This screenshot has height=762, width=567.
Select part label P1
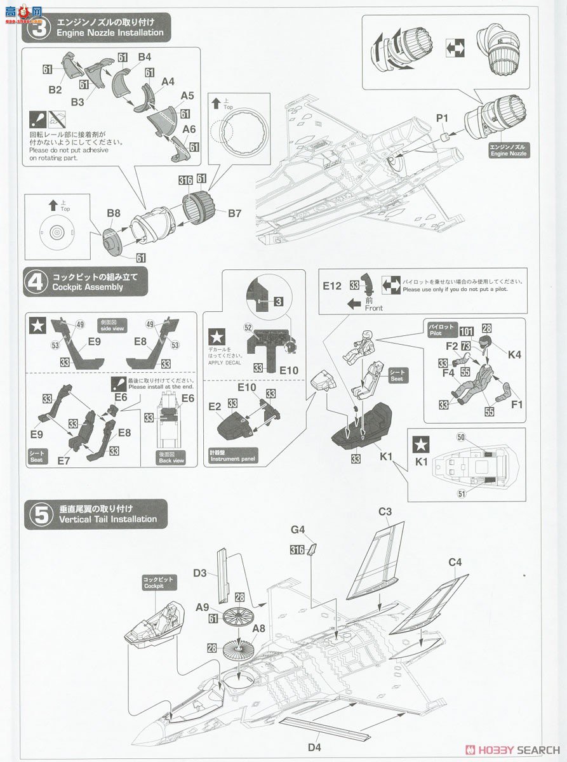(x=442, y=118)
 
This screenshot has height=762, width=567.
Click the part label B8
(x=113, y=214)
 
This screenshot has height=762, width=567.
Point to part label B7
(x=234, y=213)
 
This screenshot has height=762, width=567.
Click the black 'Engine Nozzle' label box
(x=508, y=150)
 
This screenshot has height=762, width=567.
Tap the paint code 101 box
(x=467, y=331)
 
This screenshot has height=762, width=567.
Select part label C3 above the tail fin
(x=385, y=512)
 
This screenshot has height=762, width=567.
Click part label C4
(x=455, y=563)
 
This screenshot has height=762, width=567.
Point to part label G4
(x=298, y=529)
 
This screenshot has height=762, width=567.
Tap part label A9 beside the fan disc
(x=203, y=607)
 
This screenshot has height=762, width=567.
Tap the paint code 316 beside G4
(x=297, y=550)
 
